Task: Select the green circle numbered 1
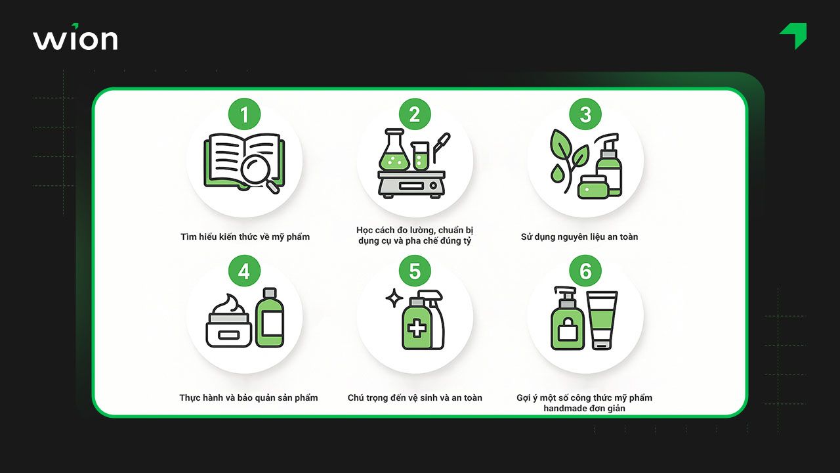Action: click(x=245, y=114)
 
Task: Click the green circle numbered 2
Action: click(x=415, y=114)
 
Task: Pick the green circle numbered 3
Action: click(x=585, y=114)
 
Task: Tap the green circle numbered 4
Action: click(x=245, y=271)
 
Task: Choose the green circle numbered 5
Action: click(x=415, y=271)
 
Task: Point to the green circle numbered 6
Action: click(x=585, y=271)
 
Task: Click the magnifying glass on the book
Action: click(x=259, y=173)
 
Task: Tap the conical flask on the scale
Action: click(x=394, y=151)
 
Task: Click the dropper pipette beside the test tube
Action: click(x=442, y=147)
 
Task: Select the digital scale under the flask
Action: click(x=411, y=184)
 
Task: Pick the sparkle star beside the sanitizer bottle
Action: click(x=394, y=298)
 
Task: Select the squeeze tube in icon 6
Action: click(x=602, y=320)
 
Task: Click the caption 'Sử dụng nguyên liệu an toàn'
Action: click(x=579, y=237)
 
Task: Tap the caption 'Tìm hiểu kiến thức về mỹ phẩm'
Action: click(x=245, y=237)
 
